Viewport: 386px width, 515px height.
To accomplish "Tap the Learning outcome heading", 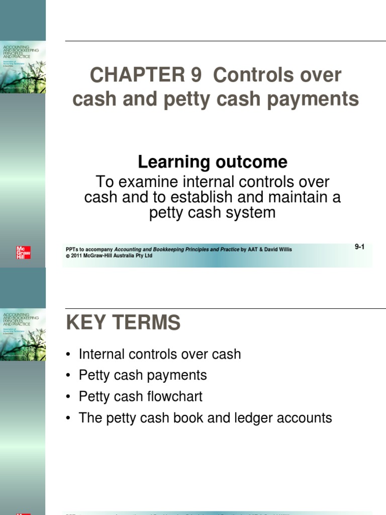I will click(x=213, y=162).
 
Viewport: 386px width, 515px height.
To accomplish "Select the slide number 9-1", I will click(x=359, y=247).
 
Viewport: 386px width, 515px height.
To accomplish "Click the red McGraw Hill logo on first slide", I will click(x=23, y=252).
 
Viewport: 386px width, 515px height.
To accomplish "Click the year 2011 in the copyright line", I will click(x=76, y=255).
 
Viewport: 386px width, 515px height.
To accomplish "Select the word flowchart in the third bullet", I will click(x=175, y=396).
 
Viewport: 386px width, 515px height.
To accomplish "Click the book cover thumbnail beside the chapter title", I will click(x=23, y=67).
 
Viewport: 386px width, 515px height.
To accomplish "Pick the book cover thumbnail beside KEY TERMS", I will click(x=23, y=334).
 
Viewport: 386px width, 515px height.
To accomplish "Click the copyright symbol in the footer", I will click(x=68, y=255).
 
